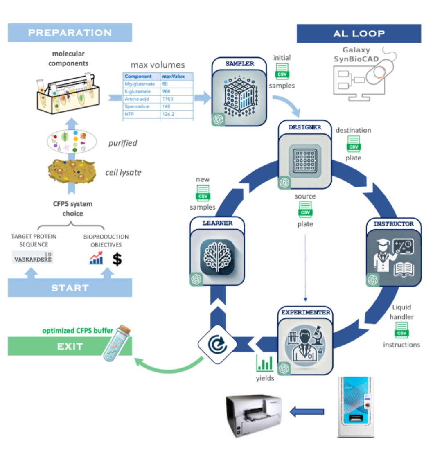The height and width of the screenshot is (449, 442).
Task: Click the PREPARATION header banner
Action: (x=70, y=33)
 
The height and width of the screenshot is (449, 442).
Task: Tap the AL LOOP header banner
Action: (x=359, y=34)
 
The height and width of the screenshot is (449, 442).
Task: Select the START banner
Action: (x=70, y=288)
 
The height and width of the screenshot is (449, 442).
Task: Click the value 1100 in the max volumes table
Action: (x=169, y=99)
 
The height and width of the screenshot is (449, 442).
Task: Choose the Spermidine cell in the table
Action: (x=138, y=106)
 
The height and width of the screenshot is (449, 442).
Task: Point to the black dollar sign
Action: (x=117, y=259)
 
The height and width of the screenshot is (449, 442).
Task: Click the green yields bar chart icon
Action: (x=264, y=363)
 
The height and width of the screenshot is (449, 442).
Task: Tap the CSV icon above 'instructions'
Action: (x=401, y=330)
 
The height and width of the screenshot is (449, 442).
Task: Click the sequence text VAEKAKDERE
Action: (x=33, y=259)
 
